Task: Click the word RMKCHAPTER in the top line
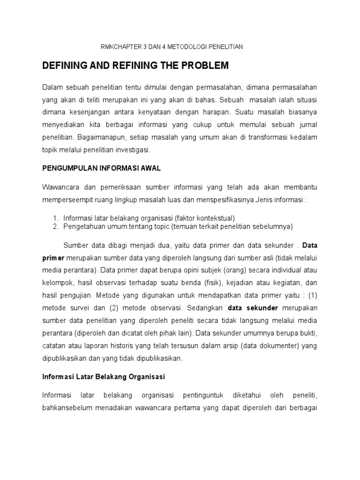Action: click(x=118, y=47)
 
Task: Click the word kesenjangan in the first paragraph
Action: click(x=90, y=112)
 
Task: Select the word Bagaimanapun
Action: click(x=98, y=137)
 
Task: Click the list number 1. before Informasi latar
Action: click(x=55, y=218)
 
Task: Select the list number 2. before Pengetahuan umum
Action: click(x=55, y=226)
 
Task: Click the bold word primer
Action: click(x=53, y=257)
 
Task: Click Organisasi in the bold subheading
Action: click(x=148, y=376)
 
